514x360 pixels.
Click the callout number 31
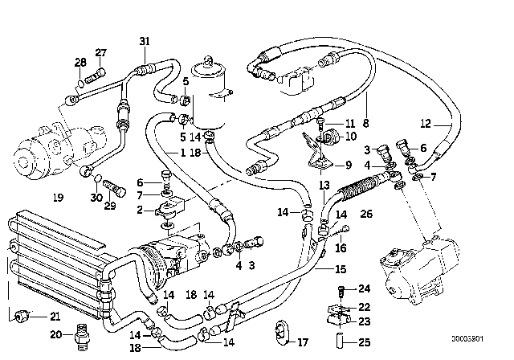(x=144, y=42)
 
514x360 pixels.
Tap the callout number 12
(x=426, y=124)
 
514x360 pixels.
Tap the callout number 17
(x=303, y=342)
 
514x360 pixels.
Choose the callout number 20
(x=55, y=334)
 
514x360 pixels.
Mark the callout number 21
(x=55, y=314)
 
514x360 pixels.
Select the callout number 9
(x=348, y=166)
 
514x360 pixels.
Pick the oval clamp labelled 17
(x=280, y=332)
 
